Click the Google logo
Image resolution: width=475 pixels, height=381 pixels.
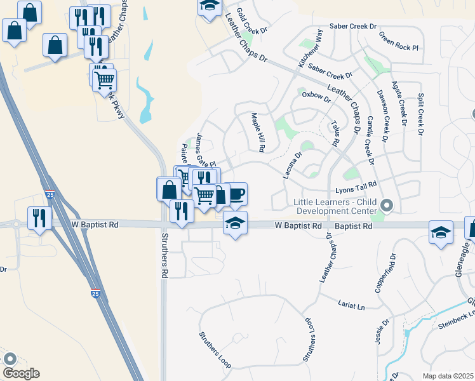tap(21, 373)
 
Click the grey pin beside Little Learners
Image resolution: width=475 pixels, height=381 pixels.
tap(388, 205)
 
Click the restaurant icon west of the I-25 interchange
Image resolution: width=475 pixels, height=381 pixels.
tap(39, 218)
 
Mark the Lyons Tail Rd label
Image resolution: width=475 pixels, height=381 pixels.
tap(356, 186)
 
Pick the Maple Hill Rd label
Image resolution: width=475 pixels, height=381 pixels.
tap(257, 133)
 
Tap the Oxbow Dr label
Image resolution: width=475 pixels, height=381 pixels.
tap(316, 95)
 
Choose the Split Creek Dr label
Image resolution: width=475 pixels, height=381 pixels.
tap(420, 114)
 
